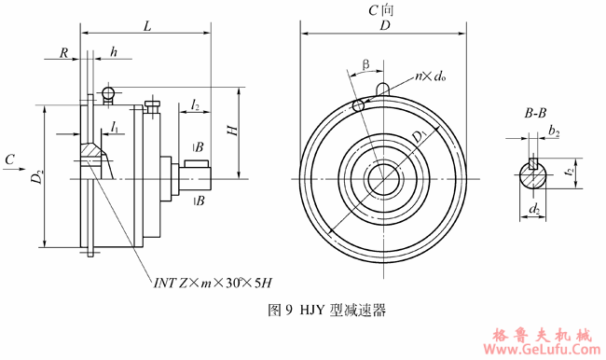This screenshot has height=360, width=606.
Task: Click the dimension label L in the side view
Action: point(147,29)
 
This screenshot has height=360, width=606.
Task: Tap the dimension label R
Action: point(63,54)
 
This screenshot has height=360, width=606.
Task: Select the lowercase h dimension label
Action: point(113,54)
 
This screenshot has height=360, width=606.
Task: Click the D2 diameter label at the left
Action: point(36,176)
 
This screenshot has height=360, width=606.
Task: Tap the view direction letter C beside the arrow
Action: point(9,160)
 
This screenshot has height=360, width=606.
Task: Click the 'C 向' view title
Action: point(381,11)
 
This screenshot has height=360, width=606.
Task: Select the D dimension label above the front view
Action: point(382,29)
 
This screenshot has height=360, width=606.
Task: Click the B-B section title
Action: point(535,113)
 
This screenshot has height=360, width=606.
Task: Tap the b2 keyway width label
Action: point(554,132)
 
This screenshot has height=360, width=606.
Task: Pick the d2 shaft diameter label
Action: point(534,212)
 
